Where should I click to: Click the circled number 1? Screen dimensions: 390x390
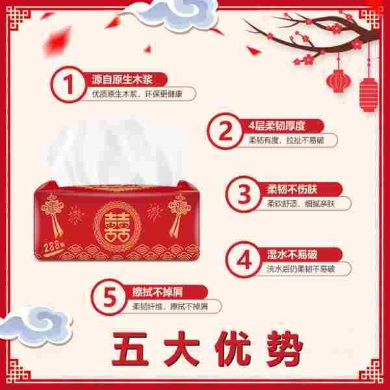pyautogui.click(x=68, y=84)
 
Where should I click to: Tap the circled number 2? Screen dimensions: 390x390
pyautogui.click(x=225, y=131)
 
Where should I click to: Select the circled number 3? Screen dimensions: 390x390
pyautogui.click(x=244, y=194)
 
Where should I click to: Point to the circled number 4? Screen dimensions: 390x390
pyautogui.click(x=244, y=259)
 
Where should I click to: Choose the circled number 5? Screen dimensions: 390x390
pyautogui.click(x=109, y=297)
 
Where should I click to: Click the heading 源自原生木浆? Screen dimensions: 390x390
pyautogui.click(x=122, y=79)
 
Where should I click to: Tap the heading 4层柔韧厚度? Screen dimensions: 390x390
pyautogui.click(x=277, y=126)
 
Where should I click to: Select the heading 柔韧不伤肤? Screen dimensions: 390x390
pyautogui.click(x=292, y=189)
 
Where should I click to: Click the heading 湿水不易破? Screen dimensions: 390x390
pyautogui.click(x=292, y=254)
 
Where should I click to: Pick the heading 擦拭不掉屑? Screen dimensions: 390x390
pyautogui.click(x=157, y=292)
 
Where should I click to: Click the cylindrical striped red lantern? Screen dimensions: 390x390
pyautogui.click(x=369, y=94)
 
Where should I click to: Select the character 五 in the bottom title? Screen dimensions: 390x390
pyautogui.click(x=130, y=349)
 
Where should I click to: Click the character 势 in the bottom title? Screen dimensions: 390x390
pyautogui.click(x=284, y=349)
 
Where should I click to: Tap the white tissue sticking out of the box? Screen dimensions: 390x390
pyautogui.click(x=116, y=151)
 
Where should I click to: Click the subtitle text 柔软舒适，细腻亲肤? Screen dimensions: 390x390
pyautogui.click(x=301, y=204)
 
